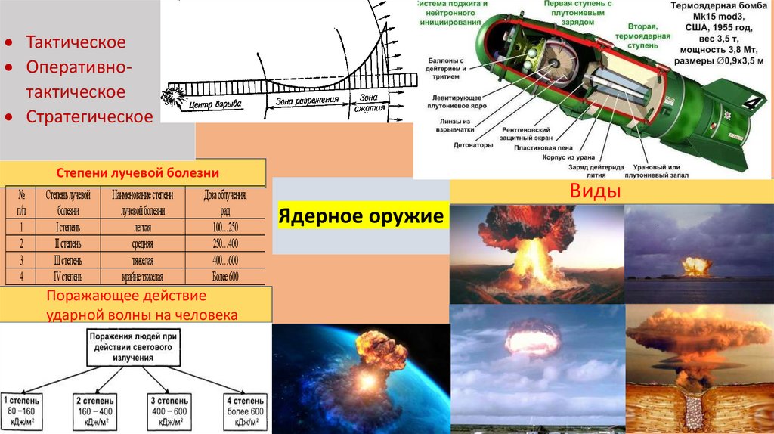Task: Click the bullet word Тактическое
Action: (x=76, y=42)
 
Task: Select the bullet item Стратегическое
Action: (x=89, y=116)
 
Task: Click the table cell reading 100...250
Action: (x=221, y=226)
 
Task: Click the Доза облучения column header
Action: (x=221, y=202)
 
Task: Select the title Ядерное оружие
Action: (x=361, y=217)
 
